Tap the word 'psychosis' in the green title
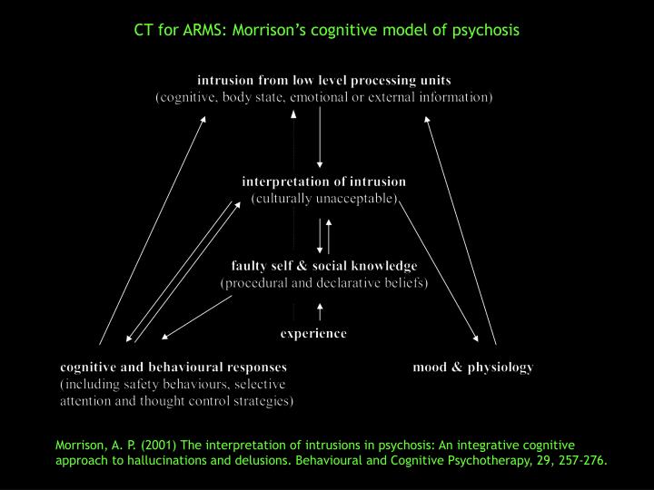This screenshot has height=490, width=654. (x=488, y=30)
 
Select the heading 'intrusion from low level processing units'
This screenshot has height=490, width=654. (x=324, y=81)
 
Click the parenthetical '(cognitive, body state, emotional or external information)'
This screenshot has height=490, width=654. (x=324, y=97)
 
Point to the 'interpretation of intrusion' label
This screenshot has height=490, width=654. (x=323, y=181)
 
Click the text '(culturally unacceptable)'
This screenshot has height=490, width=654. (x=324, y=198)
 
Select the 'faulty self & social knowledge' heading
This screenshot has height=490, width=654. (x=324, y=266)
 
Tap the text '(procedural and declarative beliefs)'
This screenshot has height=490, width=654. (x=324, y=282)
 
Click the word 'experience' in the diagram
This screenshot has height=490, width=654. (x=312, y=333)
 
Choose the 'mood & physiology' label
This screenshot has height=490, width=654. (x=472, y=367)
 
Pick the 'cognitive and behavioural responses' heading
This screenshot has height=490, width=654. (x=173, y=367)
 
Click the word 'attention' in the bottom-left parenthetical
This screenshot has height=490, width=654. (x=86, y=400)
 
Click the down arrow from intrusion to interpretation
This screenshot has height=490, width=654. (x=320, y=136)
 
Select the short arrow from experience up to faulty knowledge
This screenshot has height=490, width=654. (x=320, y=313)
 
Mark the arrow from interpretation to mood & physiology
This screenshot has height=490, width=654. (x=441, y=272)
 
